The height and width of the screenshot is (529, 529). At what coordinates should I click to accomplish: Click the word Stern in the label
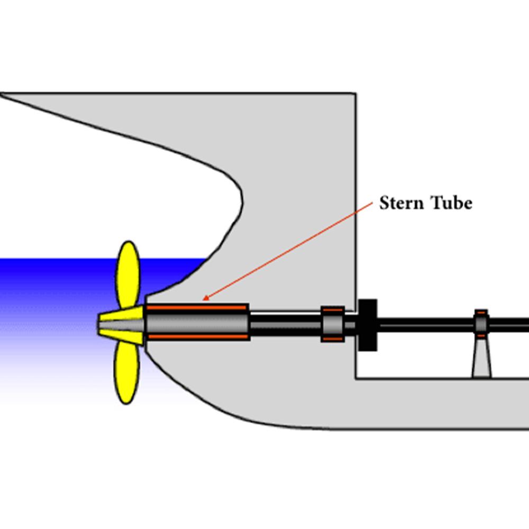point(403,203)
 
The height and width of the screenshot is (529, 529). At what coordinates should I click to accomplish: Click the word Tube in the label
point(450,203)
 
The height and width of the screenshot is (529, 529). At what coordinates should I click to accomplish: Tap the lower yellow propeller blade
point(127,372)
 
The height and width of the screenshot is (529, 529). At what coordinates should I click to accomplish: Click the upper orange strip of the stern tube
point(197,307)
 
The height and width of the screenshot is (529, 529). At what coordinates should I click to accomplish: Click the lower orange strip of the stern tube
point(197,337)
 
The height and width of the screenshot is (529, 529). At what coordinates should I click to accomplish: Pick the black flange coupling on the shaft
point(368,324)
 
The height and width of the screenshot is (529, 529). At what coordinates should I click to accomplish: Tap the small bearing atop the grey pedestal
point(481,323)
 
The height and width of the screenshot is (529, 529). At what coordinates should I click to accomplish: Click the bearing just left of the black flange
point(333,323)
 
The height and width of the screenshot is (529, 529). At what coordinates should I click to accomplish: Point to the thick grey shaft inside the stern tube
point(197,322)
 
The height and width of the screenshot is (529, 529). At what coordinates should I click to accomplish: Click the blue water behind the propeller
point(53,296)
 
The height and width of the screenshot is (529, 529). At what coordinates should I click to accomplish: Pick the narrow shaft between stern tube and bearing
point(286,323)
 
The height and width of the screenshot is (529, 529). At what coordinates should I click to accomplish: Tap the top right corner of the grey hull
point(355,94)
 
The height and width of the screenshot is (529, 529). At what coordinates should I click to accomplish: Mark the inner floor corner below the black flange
point(356,378)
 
